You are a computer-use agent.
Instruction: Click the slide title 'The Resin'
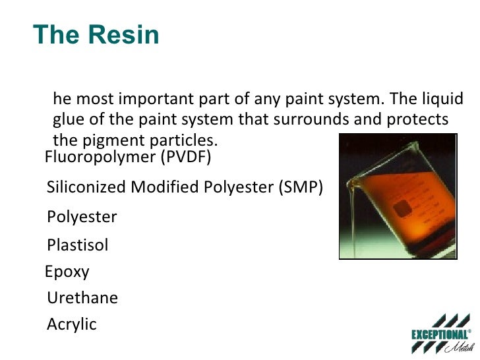pos(96,34)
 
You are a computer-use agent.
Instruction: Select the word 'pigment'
pos(107,141)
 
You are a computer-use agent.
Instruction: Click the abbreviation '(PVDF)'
pos(187,158)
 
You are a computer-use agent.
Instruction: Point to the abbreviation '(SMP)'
pos(301,187)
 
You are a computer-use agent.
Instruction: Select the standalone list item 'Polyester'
pos(82,217)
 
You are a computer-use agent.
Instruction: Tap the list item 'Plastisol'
pos(78,246)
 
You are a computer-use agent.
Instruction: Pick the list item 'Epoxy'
pos(67,272)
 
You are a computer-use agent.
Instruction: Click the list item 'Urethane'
pos(82,298)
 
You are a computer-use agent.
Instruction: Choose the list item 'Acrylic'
pos(72,324)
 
